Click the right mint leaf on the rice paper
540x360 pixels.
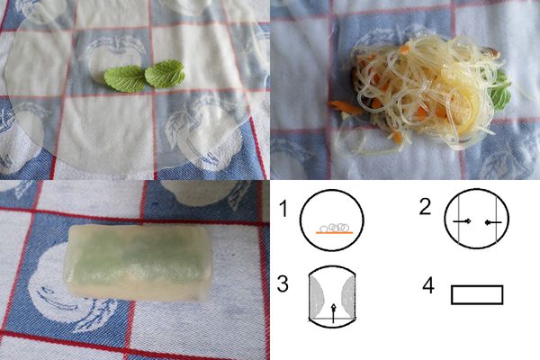[x=165, y=73]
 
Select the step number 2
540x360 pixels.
[x=425, y=206]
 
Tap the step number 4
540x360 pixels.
[x=428, y=286]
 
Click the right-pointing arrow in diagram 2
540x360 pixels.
[x=463, y=221]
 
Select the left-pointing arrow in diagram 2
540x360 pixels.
[x=490, y=221]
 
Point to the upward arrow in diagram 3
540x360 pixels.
[x=333, y=311]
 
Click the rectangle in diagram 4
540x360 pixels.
[x=477, y=295]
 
